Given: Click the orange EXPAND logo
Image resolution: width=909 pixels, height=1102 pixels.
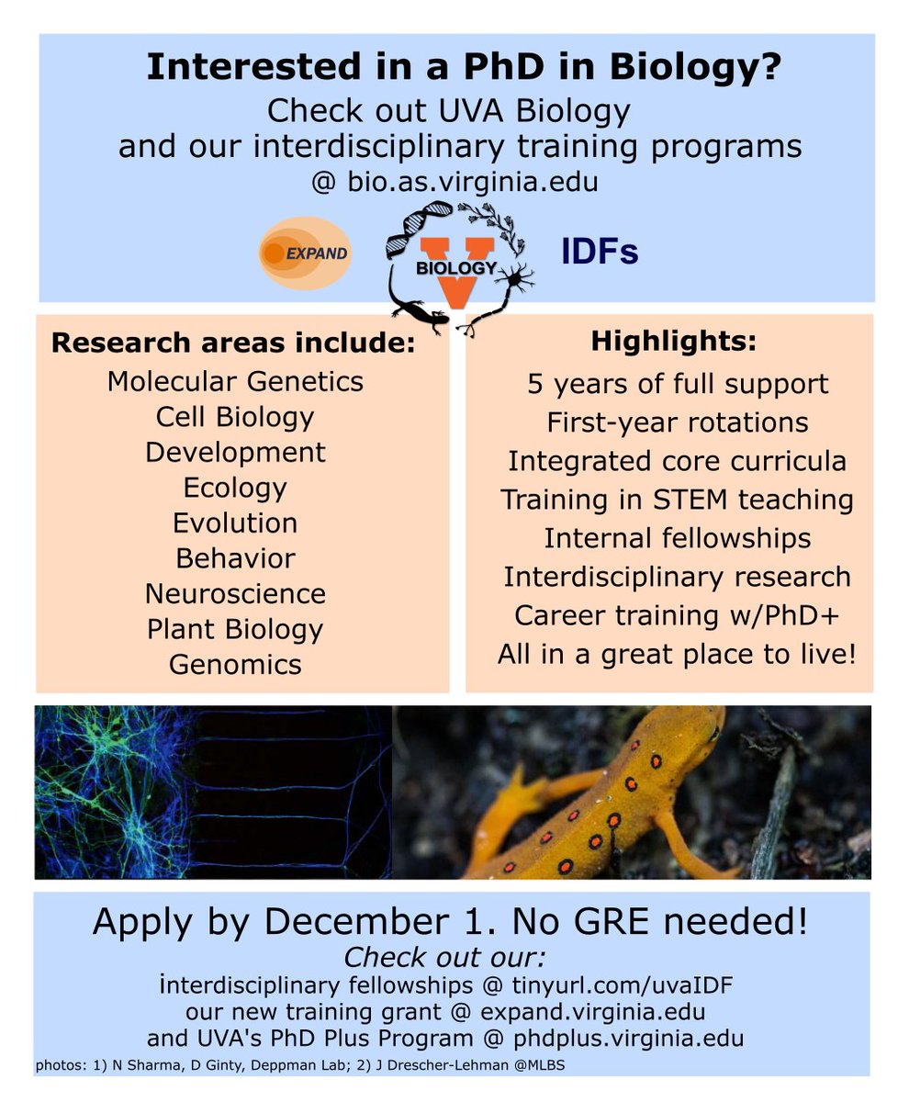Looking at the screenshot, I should point(305,253).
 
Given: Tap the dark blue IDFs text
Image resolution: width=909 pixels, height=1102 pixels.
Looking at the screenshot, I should point(600,252).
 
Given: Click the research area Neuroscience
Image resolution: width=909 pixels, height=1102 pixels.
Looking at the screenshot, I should point(235,593).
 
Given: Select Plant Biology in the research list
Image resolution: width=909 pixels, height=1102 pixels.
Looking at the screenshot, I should point(235,629).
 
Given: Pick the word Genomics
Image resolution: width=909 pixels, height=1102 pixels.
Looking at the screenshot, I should point(235,664).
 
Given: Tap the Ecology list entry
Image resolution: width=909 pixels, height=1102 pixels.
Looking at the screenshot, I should point(235,488).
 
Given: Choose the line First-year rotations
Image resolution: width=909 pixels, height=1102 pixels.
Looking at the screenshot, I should point(678,422).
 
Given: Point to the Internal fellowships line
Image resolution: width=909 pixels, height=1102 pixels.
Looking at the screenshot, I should point(677,538).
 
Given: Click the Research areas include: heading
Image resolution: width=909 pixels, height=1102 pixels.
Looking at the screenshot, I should point(233,344).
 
